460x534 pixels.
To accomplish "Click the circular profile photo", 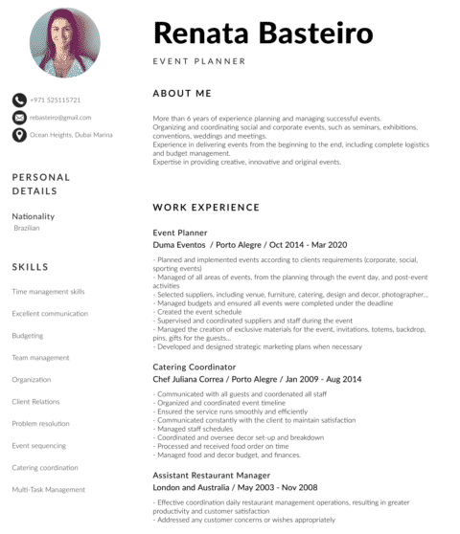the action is pos(66,42).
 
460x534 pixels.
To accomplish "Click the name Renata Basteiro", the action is pos(263,33).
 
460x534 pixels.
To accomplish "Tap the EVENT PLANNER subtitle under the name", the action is pos(199,61).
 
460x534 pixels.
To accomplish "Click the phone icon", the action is pos(19,100).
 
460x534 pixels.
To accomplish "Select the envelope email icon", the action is pos(19,117).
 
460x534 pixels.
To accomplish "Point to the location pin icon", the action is pos(19,135).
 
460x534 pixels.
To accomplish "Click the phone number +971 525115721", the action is pos(55,100).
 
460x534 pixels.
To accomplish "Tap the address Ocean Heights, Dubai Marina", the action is pos(71,135).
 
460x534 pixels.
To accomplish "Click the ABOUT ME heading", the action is pos(181,94).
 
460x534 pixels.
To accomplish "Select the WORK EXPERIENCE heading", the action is pos(206,207).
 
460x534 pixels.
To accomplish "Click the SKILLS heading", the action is pos(31,267).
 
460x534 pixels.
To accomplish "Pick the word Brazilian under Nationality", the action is pos(27,229).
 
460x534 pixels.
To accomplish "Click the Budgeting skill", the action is pos(27,336).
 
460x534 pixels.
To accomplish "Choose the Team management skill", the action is pos(40,358).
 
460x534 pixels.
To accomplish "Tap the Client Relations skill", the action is pos(35,402).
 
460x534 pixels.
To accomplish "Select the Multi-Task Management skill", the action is pos(49,490).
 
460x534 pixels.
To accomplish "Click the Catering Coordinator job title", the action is pos(195,367).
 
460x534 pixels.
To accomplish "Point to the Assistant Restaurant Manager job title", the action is pos(212,475).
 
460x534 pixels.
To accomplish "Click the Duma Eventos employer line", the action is pos(249,245).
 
